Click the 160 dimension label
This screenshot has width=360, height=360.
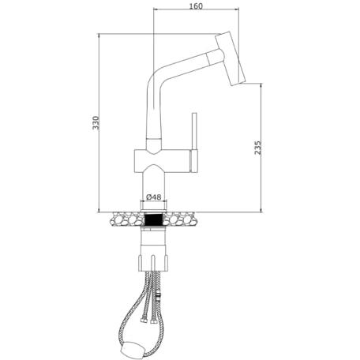tap(196, 6)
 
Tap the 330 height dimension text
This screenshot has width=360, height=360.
tap(96, 122)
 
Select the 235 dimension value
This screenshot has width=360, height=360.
tap(258, 148)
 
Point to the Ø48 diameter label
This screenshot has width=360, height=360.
tap(153, 197)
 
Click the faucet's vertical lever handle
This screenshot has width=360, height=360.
tap(194, 143)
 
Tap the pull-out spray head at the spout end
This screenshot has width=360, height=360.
tap(231, 58)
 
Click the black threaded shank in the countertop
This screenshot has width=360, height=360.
tap(154, 219)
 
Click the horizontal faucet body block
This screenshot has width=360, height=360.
tap(162, 161)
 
